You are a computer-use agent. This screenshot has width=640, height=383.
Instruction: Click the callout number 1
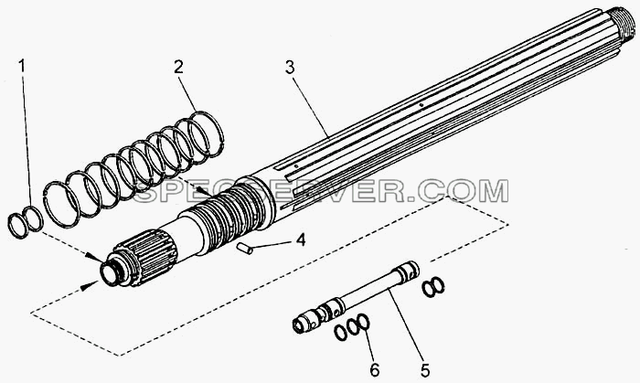(23, 65)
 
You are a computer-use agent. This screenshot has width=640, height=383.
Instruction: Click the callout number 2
(178, 68)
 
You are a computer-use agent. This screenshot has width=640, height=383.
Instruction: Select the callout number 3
(290, 68)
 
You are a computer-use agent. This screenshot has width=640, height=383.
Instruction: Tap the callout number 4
(301, 239)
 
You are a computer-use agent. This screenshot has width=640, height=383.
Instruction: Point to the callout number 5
(425, 370)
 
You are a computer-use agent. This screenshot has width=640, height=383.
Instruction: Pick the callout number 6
(375, 370)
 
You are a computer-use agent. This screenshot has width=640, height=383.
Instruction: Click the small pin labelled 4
(245, 249)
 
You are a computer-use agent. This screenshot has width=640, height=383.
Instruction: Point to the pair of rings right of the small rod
(433, 287)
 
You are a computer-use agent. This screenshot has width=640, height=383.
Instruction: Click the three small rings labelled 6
(351, 326)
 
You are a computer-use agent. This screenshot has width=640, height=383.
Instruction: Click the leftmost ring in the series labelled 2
(61, 204)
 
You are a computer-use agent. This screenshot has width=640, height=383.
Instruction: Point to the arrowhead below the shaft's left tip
(85, 288)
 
